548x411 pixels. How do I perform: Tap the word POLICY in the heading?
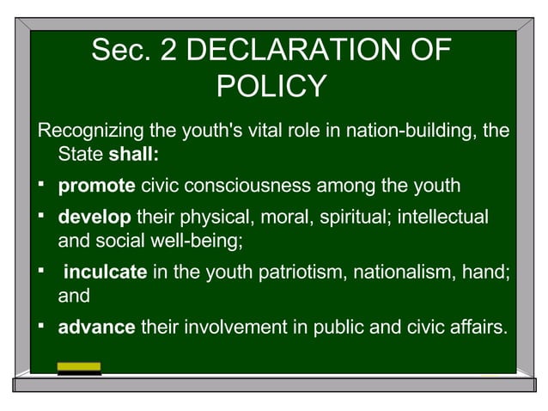[271, 86]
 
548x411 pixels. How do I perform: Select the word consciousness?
[262, 185]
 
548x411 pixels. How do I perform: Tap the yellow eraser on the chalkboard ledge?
[79, 367]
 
